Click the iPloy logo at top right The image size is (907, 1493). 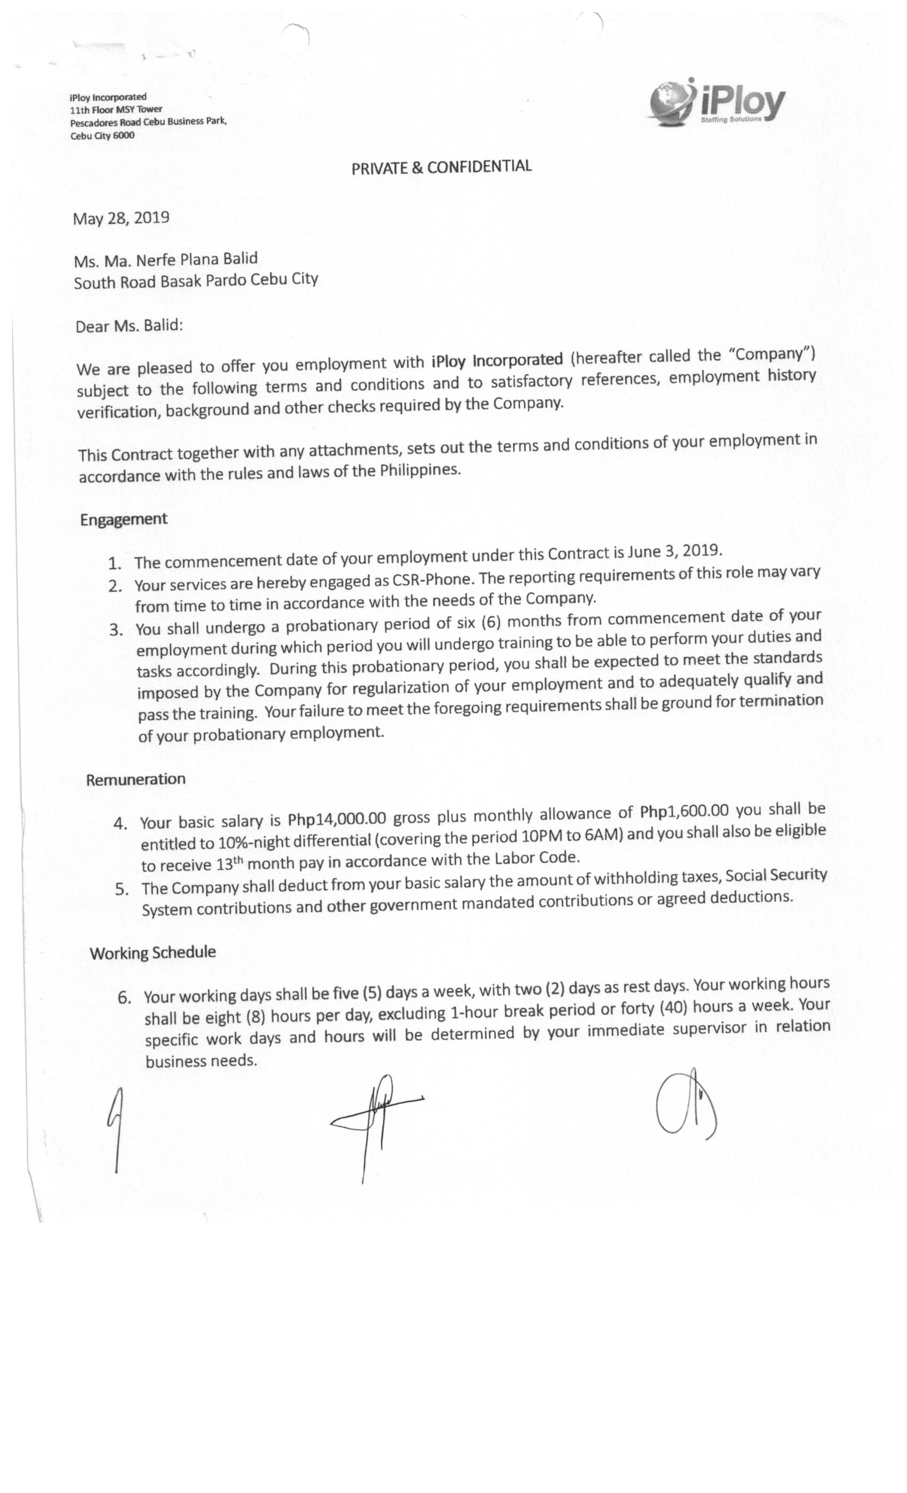(x=717, y=102)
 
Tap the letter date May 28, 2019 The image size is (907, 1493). (x=121, y=218)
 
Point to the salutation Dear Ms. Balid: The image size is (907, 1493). (x=129, y=326)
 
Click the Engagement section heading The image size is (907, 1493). (x=124, y=519)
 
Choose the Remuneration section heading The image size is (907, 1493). (x=136, y=779)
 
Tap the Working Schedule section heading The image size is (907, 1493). (x=153, y=952)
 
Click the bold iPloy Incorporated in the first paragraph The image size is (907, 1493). (x=497, y=360)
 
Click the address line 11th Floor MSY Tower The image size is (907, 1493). (x=116, y=110)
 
